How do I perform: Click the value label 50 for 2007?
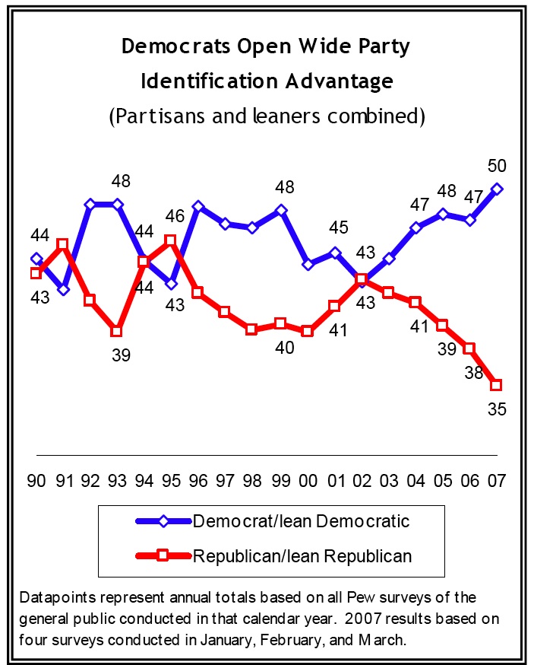[x=497, y=166]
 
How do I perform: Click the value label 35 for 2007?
[x=497, y=409]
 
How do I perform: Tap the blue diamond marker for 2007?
[x=497, y=189]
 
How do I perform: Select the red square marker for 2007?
[x=497, y=383]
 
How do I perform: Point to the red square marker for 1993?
[x=117, y=331]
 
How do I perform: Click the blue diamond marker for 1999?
[x=280, y=211]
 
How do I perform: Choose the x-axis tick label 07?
[x=498, y=482]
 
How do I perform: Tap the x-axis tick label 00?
[x=308, y=482]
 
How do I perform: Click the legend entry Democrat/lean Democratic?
[x=302, y=521]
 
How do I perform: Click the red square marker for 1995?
[x=171, y=240]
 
